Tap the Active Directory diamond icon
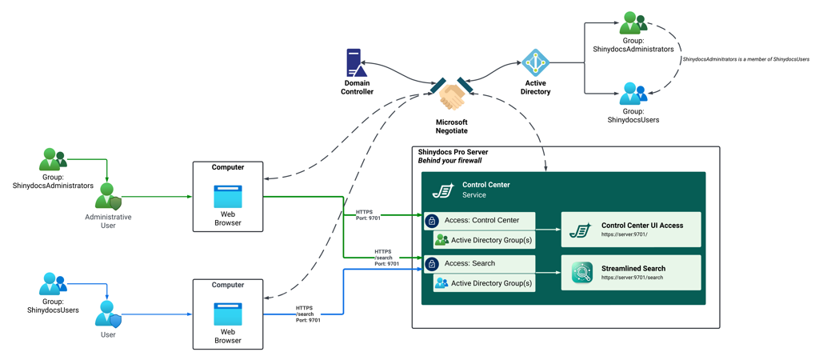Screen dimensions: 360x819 pyautogui.click(x=535, y=62)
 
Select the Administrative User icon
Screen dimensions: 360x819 pyautogui.click(x=108, y=197)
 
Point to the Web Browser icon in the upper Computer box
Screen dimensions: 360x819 pyautogui.click(x=228, y=196)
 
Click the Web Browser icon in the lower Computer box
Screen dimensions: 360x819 pyautogui.click(x=228, y=314)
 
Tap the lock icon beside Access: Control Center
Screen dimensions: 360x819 pyautogui.click(x=432, y=221)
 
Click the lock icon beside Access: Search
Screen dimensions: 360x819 pyautogui.click(x=432, y=264)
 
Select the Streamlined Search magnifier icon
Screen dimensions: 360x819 pyautogui.click(x=581, y=273)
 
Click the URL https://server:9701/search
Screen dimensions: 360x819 pyautogui.click(x=632, y=278)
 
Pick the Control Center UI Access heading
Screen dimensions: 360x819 pyautogui.click(x=641, y=226)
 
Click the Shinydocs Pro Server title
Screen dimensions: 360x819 pyautogui.click(x=453, y=152)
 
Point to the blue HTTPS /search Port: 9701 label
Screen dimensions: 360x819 pyautogui.click(x=308, y=314)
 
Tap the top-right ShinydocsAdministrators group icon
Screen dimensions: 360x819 pyautogui.click(x=633, y=23)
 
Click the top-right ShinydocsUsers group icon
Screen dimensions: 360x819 pyautogui.click(x=633, y=94)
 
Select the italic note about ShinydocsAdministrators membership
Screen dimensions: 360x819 pyautogui.click(x=745, y=59)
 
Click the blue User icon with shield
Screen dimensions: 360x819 pyautogui.click(x=108, y=314)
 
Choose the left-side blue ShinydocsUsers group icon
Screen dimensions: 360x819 pyautogui.click(x=53, y=284)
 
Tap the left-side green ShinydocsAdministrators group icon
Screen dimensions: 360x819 pyautogui.click(x=53, y=160)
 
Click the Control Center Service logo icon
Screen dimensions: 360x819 pyautogui.click(x=443, y=190)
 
